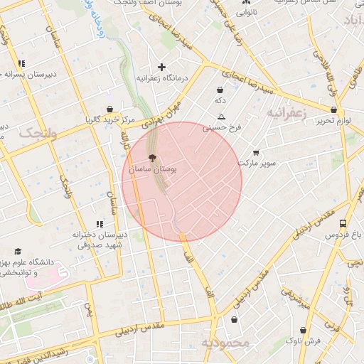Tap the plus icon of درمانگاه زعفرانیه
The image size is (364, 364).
click(x=162, y=67)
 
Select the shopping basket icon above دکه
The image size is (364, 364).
click(x=220, y=90)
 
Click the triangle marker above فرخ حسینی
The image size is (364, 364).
click(x=222, y=117)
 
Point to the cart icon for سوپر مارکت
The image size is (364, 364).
click(x=256, y=153)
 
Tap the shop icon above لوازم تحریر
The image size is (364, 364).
click(x=333, y=110)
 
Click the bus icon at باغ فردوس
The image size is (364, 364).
click(x=343, y=223)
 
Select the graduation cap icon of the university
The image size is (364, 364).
click(x=18, y=251)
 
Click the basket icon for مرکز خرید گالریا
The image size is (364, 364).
click(x=110, y=109)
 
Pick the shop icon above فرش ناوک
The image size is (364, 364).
click(x=304, y=331)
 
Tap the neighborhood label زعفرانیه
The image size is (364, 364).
click(x=287, y=112)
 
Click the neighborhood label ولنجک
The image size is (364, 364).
click(x=37, y=132)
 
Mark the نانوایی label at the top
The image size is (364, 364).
click(x=247, y=11)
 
